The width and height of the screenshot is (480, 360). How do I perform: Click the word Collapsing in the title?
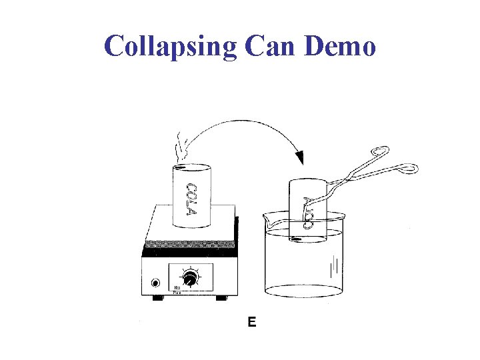[x=171, y=46]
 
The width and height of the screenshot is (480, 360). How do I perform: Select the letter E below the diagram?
[x=252, y=323]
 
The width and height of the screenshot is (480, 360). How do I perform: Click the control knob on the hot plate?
[x=192, y=278]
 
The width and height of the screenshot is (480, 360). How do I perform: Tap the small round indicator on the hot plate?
[x=156, y=283]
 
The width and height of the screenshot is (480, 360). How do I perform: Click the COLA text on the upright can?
[x=191, y=199]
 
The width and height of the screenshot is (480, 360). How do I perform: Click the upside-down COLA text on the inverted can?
[x=307, y=212]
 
